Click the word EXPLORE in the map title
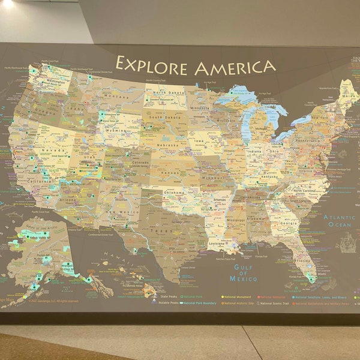coord(152,64)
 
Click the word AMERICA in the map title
coord(235,67)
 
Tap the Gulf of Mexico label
coord(244,273)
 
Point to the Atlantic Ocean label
coord(340,221)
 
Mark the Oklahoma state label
coord(175,193)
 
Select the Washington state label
coord(55,82)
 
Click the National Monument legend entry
coord(236,296)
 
